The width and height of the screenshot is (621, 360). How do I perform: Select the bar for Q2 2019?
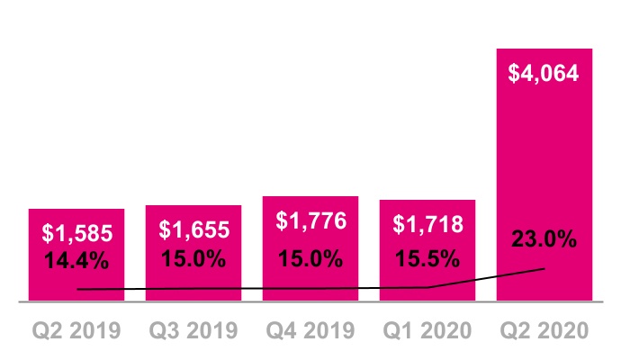tap(76, 255)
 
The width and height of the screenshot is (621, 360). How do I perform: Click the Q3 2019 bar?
tap(193, 253)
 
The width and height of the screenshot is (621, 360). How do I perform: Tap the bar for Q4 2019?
tap(310, 248)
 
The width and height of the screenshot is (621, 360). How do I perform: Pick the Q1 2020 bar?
tap(427, 250)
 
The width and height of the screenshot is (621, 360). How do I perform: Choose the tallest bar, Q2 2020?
tap(544, 175)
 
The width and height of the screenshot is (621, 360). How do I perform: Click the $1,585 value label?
tap(77, 233)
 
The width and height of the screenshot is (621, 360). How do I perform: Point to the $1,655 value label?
tap(194, 229)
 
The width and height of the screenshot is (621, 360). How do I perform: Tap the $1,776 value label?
tap(311, 220)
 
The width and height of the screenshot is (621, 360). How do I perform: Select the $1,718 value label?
tap(428, 224)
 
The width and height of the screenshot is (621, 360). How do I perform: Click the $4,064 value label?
tap(544, 73)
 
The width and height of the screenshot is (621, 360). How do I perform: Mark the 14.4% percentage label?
tap(76, 261)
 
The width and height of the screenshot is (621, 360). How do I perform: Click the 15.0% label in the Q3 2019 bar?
tap(193, 258)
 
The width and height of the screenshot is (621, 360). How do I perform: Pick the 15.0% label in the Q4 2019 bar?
tap(310, 258)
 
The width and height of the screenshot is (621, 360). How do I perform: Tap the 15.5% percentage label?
tap(427, 258)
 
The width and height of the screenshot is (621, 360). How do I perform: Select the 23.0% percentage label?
tap(544, 238)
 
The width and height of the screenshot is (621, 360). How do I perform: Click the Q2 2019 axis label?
tap(76, 330)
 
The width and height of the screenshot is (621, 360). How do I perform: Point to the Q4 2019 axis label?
tap(310, 330)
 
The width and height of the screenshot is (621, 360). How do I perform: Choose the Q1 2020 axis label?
tap(427, 330)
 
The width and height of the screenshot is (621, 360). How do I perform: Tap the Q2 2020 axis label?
tap(544, 330)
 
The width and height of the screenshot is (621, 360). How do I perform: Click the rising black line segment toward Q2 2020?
tap(486, 278)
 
